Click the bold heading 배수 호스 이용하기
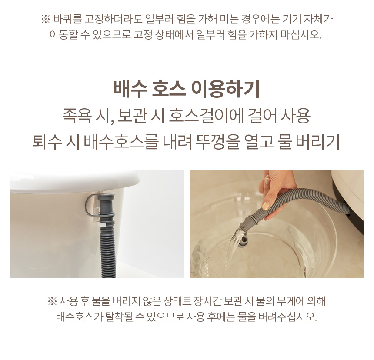click(x=186, y=90)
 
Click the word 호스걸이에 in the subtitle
click(x=206, y=116)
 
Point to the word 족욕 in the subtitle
click(x=77, y=116)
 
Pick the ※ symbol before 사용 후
click(x=52, y=301)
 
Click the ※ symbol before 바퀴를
click(x=46, y=19)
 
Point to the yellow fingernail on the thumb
click(x=266, y=205)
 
